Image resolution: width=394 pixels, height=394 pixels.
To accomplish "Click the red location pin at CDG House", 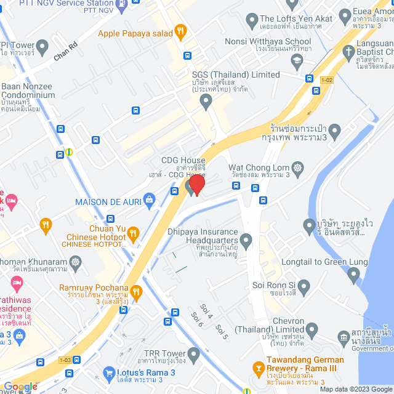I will (196, 184).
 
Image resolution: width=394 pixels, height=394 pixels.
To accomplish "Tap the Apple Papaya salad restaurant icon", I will (180, 30).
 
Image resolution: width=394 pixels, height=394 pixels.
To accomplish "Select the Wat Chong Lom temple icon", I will (299, 167).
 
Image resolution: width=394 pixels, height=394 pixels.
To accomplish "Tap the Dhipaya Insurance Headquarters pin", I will (246, 239).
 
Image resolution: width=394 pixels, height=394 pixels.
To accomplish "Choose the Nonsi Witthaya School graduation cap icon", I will (297, 59).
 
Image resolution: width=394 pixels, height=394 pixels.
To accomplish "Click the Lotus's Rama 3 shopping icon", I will (110, 372).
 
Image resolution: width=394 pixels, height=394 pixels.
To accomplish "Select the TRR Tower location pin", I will (194, 353).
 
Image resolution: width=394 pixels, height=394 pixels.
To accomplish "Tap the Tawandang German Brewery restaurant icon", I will (259, 368).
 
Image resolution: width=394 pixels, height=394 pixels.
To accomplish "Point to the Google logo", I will (20, 387).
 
